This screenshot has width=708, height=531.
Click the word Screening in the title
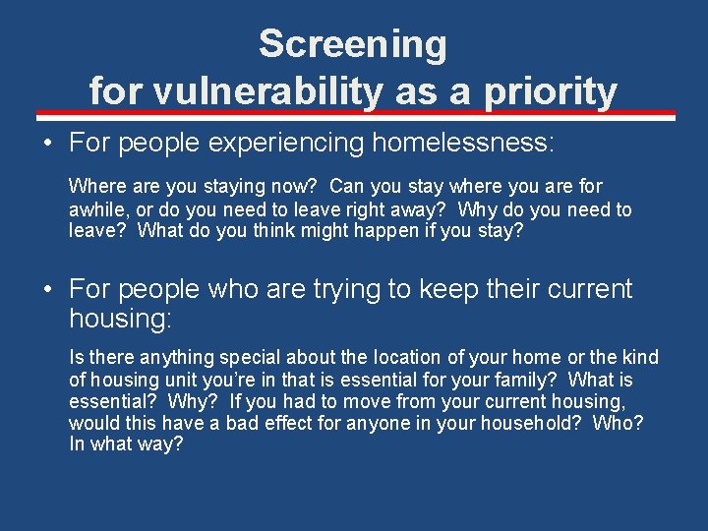pos(353,44)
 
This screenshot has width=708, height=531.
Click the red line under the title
pos(353,114)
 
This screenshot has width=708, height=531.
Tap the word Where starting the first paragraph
pos(94,186)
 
